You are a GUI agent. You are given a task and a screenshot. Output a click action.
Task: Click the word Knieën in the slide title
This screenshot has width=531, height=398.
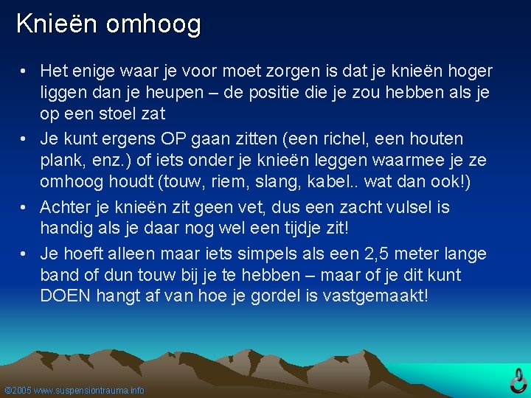[x=58, y=24]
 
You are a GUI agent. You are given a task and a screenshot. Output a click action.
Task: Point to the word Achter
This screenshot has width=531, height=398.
[x=66, y=207]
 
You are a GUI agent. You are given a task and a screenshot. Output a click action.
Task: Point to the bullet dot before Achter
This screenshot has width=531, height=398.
[x=24, y=207]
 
